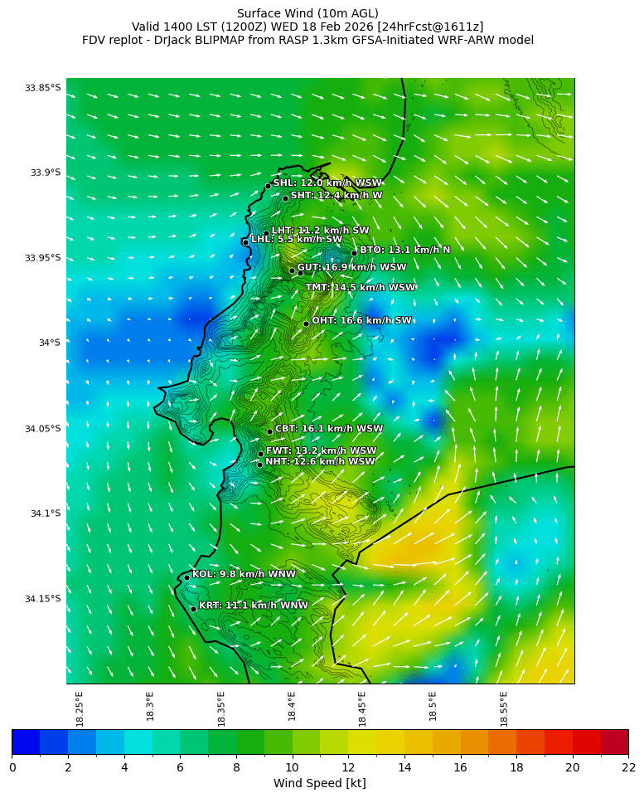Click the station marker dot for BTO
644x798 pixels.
tap(354, 253)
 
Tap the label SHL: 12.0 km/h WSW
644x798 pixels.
tap(327, 183)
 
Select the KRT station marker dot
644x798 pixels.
tap(193, 609)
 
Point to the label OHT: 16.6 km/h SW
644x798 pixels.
tap(361, 321)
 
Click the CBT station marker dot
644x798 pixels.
tap(269, 431)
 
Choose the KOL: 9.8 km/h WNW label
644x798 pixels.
tap(244, 574)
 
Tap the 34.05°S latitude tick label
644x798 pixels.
tap(42, 429)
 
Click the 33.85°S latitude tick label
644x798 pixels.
tap(42, 88)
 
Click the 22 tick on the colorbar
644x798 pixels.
tap(627, 767)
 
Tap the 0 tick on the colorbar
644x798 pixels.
tap(12, 767)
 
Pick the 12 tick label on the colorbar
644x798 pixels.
tap(348, 767)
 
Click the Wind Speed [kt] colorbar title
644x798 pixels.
tap(319, 784)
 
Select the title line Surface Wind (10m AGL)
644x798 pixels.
tap(307, 13)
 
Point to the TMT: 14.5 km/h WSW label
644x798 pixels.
tap(360, 288)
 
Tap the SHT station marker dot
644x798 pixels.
tap(285, 198)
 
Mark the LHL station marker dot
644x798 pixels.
tap(245, 242)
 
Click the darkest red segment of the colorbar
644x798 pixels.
tap(614, 741)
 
